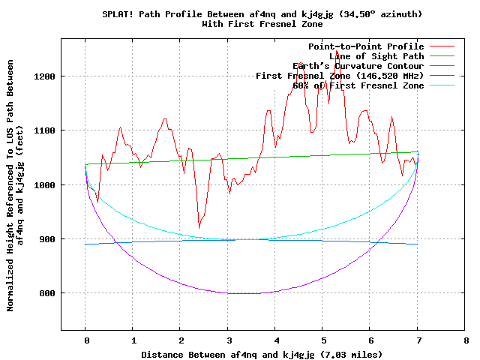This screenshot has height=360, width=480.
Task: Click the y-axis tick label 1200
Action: pos(45,76)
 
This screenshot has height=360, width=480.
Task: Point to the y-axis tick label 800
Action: pos(47,293)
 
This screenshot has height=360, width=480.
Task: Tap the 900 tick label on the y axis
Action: pos(47,239)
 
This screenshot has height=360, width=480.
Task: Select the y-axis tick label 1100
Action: pos(45,130)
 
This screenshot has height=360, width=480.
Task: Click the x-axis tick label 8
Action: pos(465,340)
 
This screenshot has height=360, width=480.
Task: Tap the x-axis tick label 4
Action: pos(275,340)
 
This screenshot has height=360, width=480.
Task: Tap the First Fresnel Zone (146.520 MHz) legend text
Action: pos(340,76)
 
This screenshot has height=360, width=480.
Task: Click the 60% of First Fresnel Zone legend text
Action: pos(358,85)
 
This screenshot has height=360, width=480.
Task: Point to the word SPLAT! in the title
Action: pos(118,14)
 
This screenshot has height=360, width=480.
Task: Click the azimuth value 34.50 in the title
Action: pos(362,14)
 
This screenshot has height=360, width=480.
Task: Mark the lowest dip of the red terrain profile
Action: pos(199,227)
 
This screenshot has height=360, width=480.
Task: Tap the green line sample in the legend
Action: pos(442,56)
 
